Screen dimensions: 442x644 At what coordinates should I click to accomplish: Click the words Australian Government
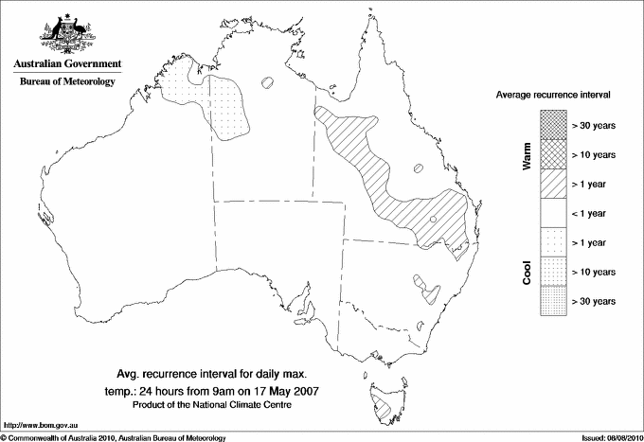point(66,64)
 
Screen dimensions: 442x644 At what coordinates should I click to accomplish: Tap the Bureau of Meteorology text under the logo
point(66,81)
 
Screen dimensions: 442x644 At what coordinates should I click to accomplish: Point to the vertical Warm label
point(527,154)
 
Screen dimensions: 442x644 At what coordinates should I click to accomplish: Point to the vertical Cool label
point(527,272)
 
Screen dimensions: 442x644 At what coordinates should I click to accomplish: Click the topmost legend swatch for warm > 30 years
point(552,124)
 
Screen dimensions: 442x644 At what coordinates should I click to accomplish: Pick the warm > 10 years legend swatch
point(552,153)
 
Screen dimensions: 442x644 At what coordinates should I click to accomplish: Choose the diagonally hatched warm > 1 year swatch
point(552,183)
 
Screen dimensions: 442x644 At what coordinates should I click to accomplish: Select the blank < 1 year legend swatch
point(552,213)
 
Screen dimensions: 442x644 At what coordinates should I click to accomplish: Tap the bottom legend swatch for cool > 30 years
point(552,301)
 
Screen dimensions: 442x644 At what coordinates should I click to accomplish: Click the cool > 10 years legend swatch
point(552,272)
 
